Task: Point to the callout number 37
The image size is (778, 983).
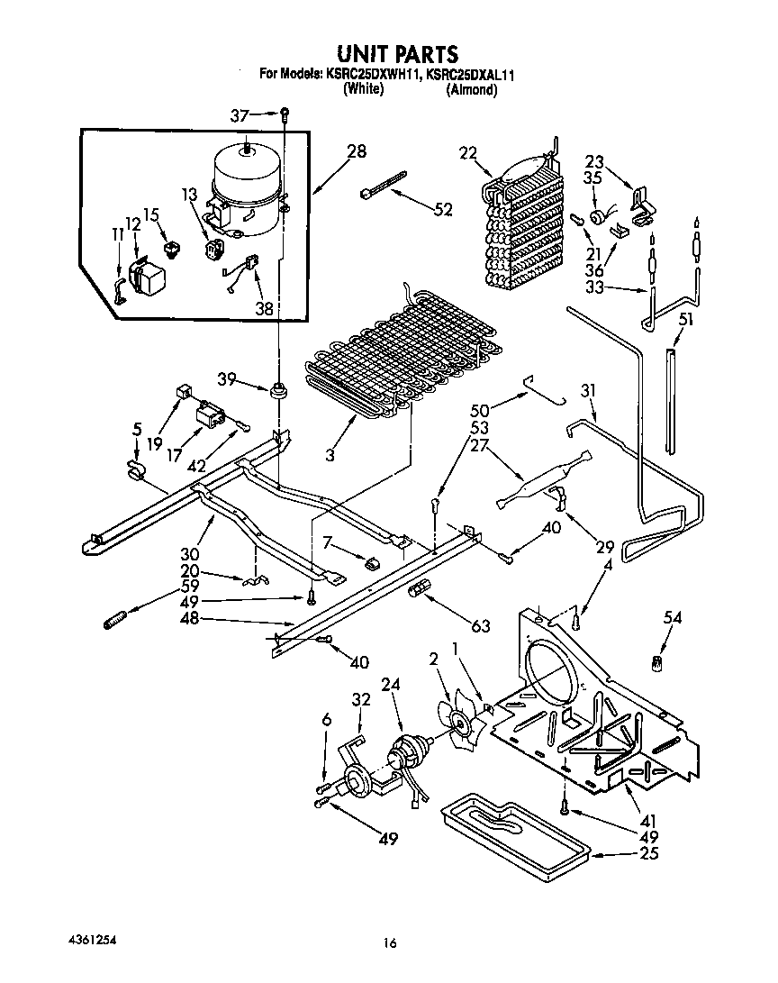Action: click(x=239, y=114)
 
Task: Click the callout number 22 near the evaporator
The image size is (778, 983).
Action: click(x=466, y=154)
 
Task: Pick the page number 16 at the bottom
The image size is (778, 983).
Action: click(x=389, y=943)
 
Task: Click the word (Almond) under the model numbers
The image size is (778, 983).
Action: click(x=472, y=90)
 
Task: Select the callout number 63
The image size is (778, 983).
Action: click(x=480, y=626)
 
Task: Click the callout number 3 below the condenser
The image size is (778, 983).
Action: click(x=330, y=457)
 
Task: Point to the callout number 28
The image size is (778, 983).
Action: click(x=357, y=151)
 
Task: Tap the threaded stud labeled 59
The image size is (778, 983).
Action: click(x=117, y=622)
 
